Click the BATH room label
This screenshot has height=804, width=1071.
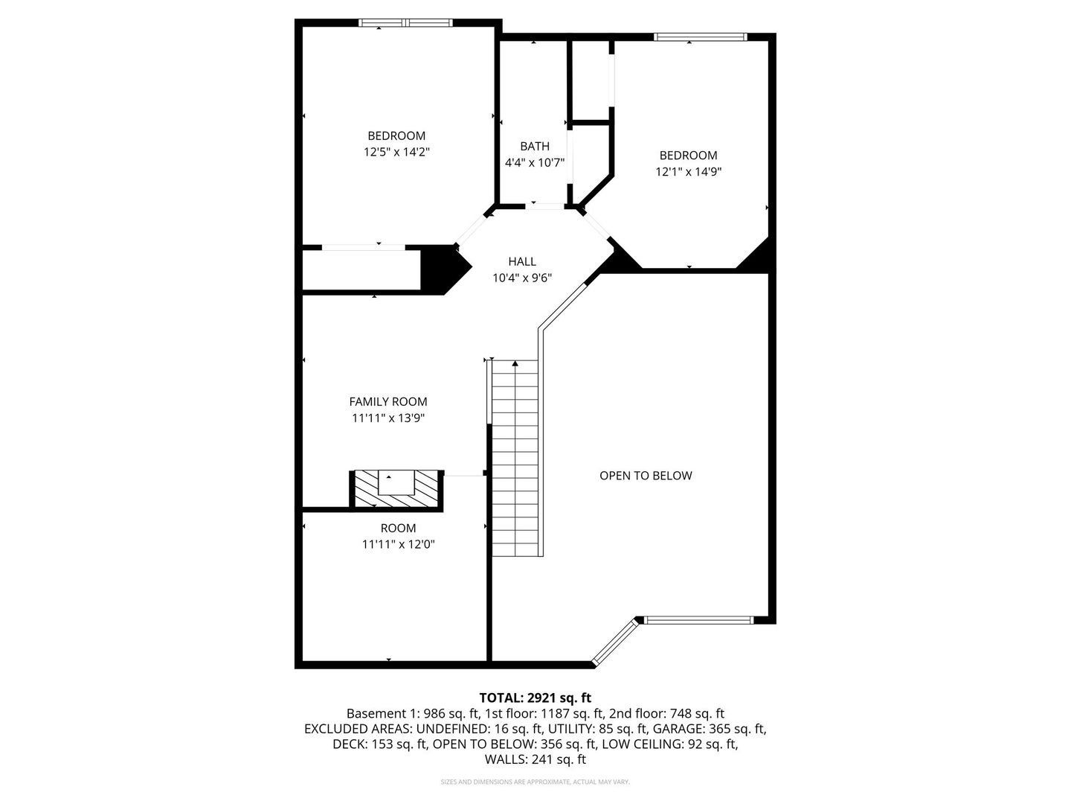tap(535, 146)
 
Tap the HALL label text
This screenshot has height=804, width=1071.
tap(522, 261)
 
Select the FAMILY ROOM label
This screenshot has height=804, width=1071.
tap(388, 401)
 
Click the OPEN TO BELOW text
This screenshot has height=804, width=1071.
tap(646, 475)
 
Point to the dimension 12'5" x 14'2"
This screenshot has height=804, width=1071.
tap(396, 152)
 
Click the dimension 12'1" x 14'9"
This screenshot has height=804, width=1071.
tap(689, 171)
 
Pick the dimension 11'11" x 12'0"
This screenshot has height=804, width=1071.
tap(398, 543)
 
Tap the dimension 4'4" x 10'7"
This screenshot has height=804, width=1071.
tap(535, 162)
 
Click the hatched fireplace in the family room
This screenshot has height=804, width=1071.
tap(396, 490)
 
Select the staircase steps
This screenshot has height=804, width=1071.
tap(515, 458)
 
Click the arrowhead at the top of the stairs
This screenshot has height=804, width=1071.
tap(515, 363)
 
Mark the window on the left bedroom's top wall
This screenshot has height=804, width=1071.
tap(406, 22)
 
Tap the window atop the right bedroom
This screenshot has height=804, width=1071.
tap(700, 36)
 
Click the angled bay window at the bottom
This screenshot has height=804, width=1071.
tap(615, 641)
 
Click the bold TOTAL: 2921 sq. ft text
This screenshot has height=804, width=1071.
tap(535, 698)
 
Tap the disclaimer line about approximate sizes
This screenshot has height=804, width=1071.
tap(535, 782)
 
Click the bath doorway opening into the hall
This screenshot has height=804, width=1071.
tap(544, 206)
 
